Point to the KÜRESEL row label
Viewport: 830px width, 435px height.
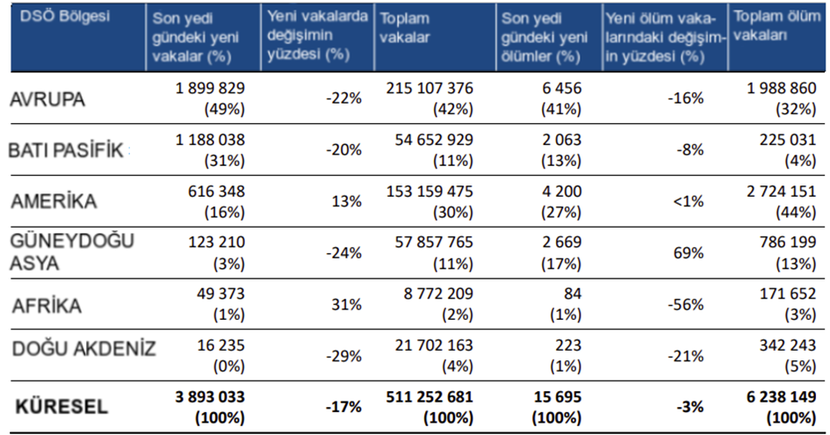(60, 406)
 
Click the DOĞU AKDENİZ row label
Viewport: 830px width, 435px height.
(84, 349)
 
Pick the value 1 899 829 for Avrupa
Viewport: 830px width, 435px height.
(210, 89)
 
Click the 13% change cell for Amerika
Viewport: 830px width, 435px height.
(347, 201)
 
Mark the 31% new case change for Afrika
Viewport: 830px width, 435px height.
(347, 304)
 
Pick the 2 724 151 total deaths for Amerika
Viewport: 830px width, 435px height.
(777, 191)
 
